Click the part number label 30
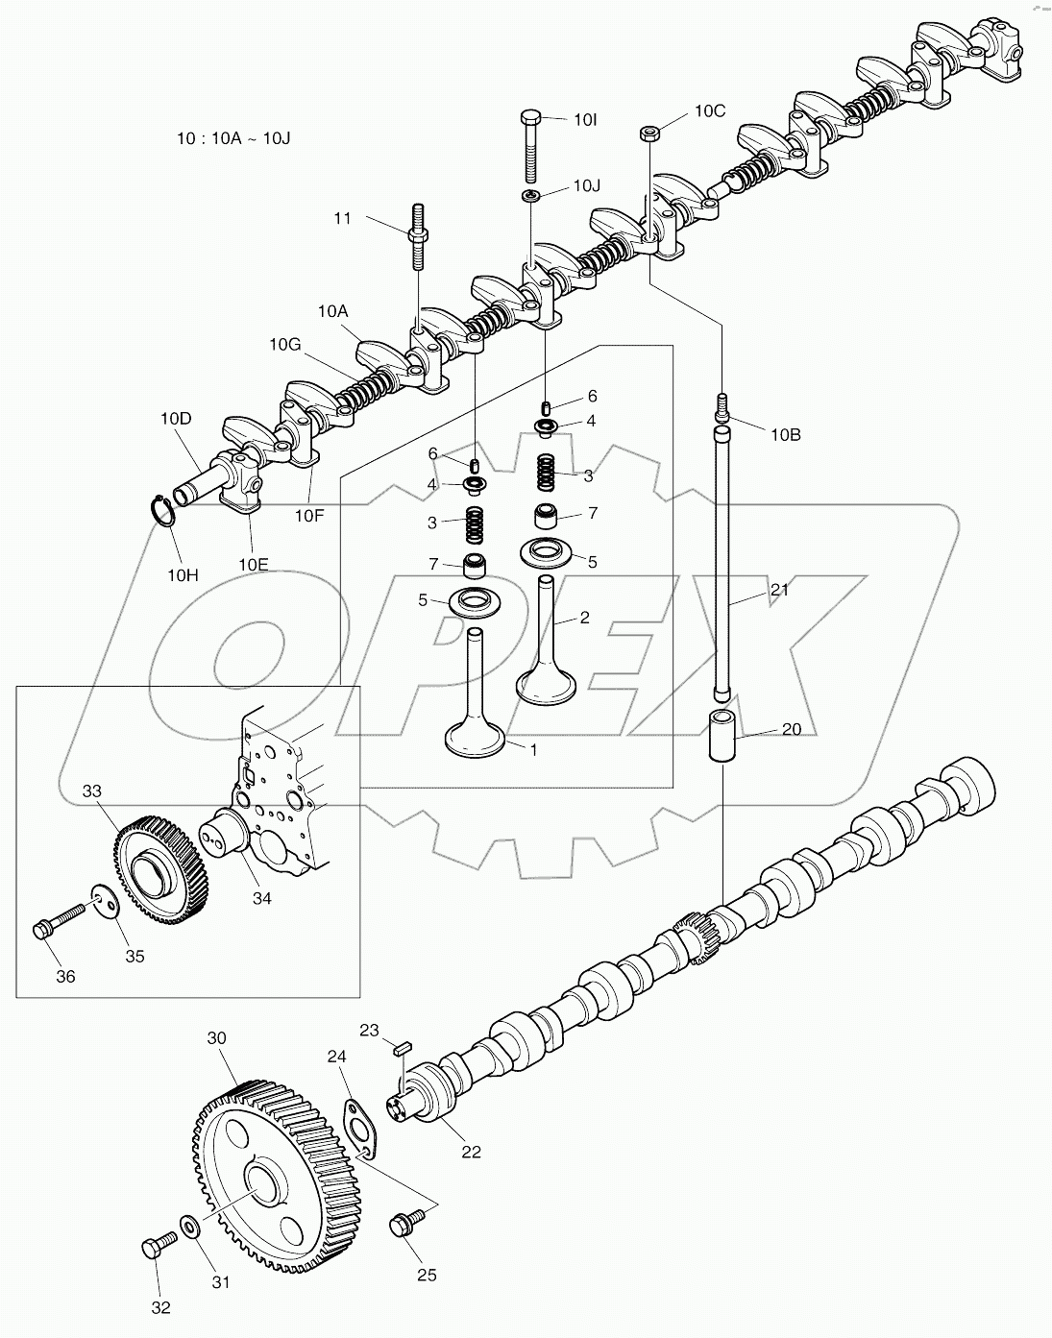[217, 1038]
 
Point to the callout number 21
[779, 590]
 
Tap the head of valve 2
[547, 686]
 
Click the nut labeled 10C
[649, 133]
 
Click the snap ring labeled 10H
[164, 510]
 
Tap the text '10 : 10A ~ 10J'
[233, 138]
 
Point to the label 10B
[785, 434]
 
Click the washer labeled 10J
[531, 196]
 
